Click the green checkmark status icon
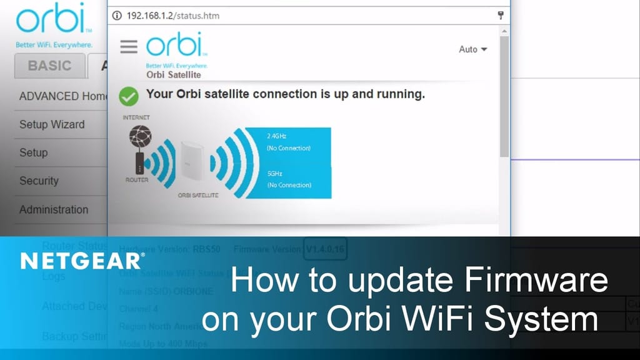point(129,96)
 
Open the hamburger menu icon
point(129,47)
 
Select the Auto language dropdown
point(472,49)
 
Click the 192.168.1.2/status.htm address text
point(172,16)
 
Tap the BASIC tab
point(49,66)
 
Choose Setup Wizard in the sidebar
point(52,124)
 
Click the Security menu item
point(39,181)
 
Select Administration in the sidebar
point(54,209)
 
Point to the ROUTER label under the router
point(136,180)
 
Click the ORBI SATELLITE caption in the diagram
point(198,196)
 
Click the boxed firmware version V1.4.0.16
point(325,249)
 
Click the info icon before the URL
point(117,16)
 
